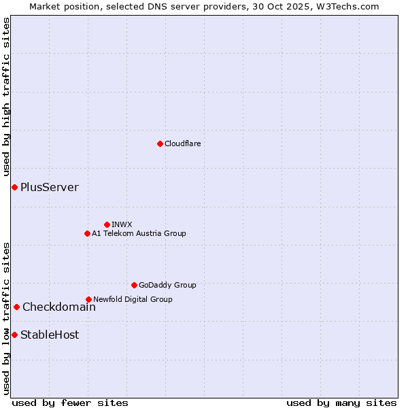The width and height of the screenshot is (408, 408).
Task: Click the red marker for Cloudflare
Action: (160, 143)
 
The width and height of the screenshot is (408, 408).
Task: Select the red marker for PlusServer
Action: (14, 187)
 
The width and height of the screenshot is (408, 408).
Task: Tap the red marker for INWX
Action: (107, 224)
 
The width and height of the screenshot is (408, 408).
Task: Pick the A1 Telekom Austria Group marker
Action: (87, 233)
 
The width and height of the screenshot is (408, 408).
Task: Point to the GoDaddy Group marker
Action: (134, 285)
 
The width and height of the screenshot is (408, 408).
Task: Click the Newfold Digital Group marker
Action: (88, 299)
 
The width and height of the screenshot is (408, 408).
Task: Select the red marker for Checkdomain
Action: (16, 307)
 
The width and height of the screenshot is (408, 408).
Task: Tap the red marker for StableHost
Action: (14, 335)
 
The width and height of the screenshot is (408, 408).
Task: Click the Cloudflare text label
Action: (182, 143)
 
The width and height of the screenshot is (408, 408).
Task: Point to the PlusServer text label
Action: (50, 187)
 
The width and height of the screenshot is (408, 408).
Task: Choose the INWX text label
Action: (122, 224)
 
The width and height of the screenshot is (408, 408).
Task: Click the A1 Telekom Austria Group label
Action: (139, 233)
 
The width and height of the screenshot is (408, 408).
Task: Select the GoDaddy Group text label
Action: (167, 285)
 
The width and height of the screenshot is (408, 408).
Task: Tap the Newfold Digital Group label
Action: (133, 299)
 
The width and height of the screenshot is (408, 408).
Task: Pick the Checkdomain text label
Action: (59, 307)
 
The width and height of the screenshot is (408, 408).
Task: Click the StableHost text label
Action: (50, 335)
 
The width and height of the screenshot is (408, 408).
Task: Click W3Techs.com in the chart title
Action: (351, 6)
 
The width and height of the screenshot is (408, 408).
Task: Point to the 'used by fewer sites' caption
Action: (70, 403)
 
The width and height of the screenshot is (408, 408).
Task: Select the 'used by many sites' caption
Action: (341, 403)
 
